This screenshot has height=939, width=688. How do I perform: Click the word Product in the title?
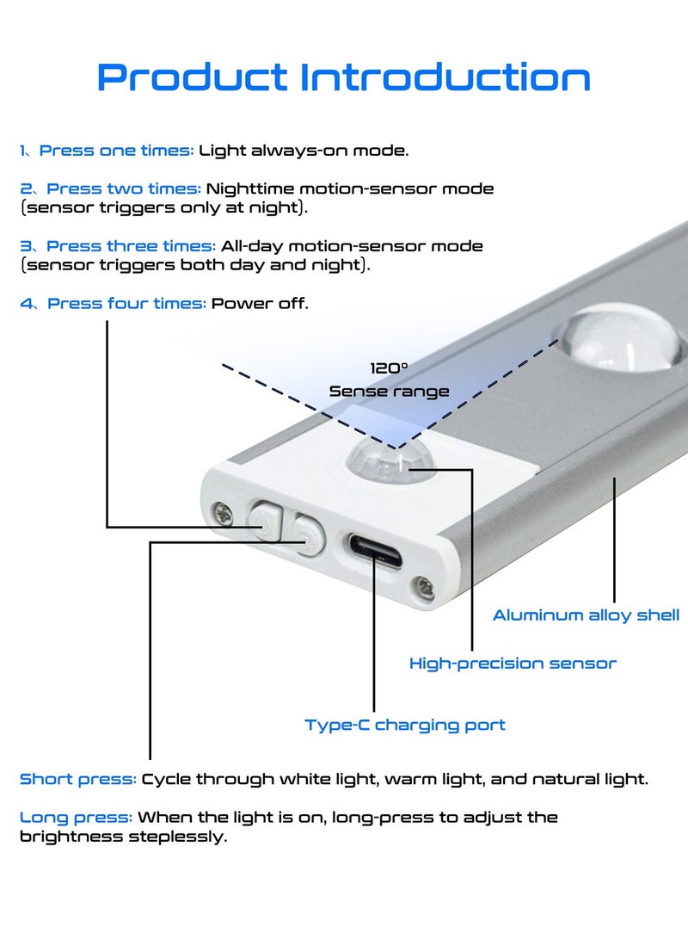(x=192, y=77)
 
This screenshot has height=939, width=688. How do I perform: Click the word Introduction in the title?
(x=445, y=77)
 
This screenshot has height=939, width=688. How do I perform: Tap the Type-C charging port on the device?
(x=375, y=552)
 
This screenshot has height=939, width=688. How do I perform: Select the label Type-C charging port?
(x=405, y=726)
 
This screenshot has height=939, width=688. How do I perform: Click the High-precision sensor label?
(x=513, y=664)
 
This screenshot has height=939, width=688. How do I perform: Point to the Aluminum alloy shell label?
(x=587, y=615)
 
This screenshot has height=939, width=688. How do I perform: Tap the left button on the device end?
(x=266, y=520)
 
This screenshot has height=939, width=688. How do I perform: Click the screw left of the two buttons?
(x=223, y=513)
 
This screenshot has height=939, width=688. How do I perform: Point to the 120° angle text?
(x=389, y=368)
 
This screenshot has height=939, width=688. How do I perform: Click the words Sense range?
(x=389, y=392)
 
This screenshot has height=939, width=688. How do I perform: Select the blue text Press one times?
(x=116, y=151)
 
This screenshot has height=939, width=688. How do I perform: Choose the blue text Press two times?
(x=124, y=188)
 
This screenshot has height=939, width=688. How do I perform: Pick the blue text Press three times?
(x=131, y=246)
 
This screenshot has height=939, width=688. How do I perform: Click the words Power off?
(x=260, y=304)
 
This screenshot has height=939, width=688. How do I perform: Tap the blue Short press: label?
(x=77, y=779)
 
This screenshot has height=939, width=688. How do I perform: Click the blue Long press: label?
(x=76, y=818)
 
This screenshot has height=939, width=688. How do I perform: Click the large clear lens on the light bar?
(x=619, y=338)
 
